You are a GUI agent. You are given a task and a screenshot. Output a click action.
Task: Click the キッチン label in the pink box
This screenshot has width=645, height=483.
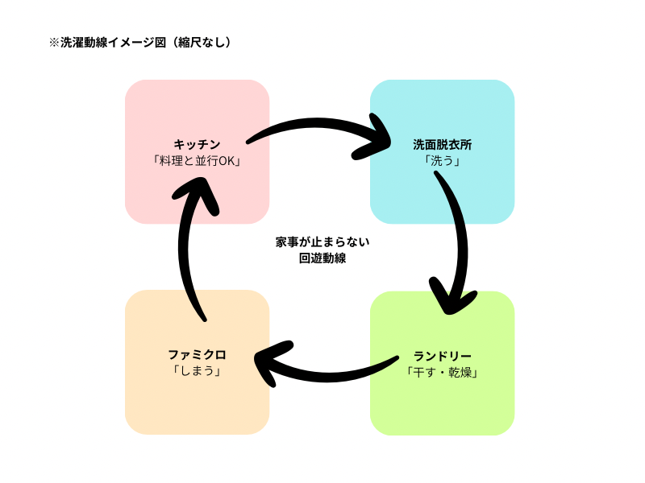197,145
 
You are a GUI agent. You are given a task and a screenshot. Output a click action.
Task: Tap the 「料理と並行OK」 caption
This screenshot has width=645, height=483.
197,161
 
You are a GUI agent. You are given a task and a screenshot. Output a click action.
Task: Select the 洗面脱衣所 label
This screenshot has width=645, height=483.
442,145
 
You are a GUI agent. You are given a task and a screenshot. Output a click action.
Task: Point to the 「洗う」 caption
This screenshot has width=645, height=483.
442,161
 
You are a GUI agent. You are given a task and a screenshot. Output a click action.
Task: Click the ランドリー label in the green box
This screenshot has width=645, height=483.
442,356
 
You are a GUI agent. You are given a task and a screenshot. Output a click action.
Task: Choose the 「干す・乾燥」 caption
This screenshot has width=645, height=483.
442,372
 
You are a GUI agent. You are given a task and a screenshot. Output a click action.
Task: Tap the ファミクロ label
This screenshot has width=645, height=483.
197,354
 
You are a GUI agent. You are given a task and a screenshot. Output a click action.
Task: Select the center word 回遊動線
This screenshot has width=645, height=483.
322,258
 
